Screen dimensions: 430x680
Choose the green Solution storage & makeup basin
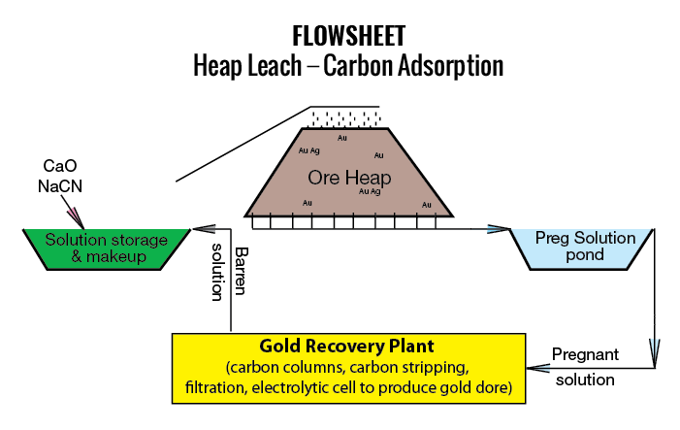(x=107, y=248)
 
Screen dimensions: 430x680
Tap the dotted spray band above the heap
(x=345, y=117)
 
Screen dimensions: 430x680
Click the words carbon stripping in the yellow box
(x=413, y=369)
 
